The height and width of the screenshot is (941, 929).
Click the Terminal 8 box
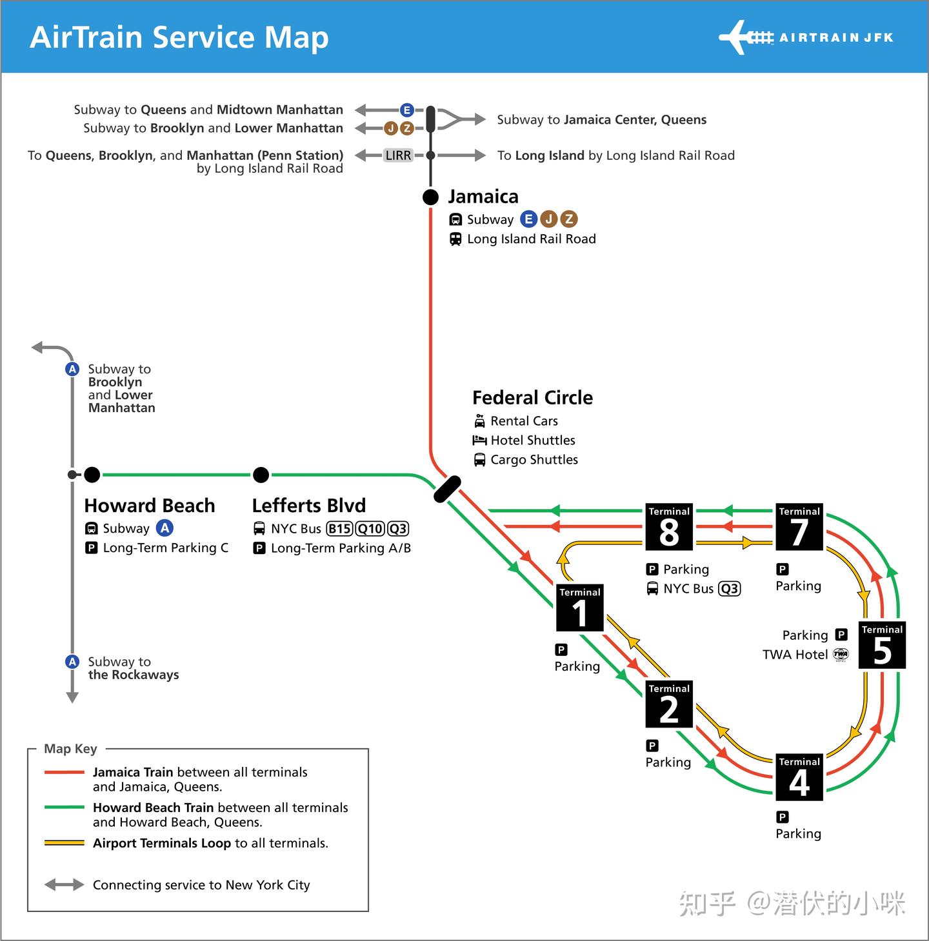[668, 526]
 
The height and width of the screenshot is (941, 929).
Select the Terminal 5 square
[882, 644]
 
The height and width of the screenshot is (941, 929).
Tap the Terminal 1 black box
[579, 608]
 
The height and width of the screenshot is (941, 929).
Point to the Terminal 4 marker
[799, 777]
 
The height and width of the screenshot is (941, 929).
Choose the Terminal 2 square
[668, 704]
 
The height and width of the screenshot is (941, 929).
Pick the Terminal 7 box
[799, 526]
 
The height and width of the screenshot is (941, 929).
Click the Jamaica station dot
[430, 197]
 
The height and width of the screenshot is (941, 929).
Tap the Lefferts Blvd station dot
[261, 475]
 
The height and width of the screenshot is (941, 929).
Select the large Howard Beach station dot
[92, 475]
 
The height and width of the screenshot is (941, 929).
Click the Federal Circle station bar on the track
[447, 489]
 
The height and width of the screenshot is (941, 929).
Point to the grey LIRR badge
[398, 155]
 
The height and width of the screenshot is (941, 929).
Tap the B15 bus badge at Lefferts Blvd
[339, 529]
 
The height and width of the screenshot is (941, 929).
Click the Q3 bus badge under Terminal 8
[729, 588]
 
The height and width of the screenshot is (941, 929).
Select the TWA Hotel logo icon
[841, 654]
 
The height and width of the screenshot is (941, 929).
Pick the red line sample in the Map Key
[64, 773]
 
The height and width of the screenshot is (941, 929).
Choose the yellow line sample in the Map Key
[64, 843]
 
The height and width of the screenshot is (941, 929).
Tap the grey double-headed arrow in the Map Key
[64, 884]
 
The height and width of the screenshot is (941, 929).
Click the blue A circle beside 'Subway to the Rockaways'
[72, 662]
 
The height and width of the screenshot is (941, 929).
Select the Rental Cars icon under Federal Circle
[479, 421]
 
